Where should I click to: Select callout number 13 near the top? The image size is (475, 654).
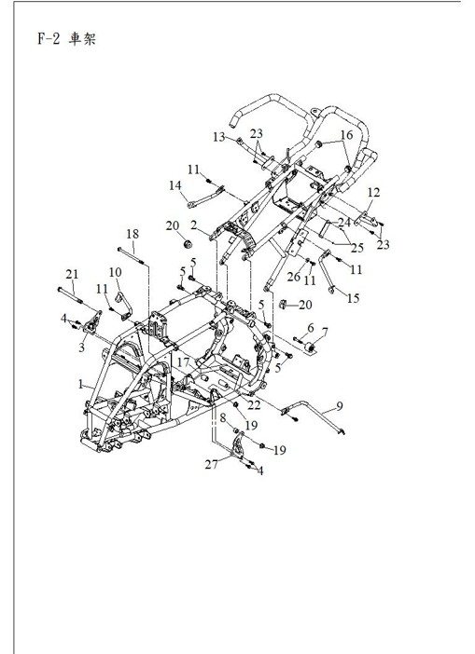[x=218, y=136]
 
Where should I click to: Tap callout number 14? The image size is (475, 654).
[x=175, y=185]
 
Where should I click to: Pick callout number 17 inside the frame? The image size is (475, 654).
[x=184, y=361]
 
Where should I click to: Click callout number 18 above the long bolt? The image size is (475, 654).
[x=133, y=234]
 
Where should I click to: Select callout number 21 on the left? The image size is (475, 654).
[x=69, y=272]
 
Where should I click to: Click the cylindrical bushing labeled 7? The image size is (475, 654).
[x=308, y=351]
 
